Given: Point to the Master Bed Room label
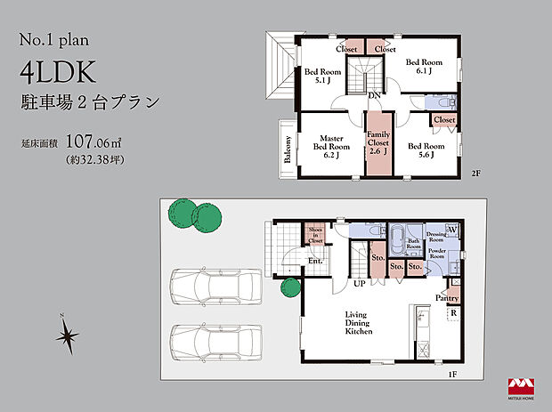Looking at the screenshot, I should point(331,145).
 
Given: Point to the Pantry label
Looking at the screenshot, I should point(448,298).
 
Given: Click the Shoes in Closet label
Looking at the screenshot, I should point(315,234).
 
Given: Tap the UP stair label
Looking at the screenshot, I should point(360,284).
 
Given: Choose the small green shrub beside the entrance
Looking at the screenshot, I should point(288,287).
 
